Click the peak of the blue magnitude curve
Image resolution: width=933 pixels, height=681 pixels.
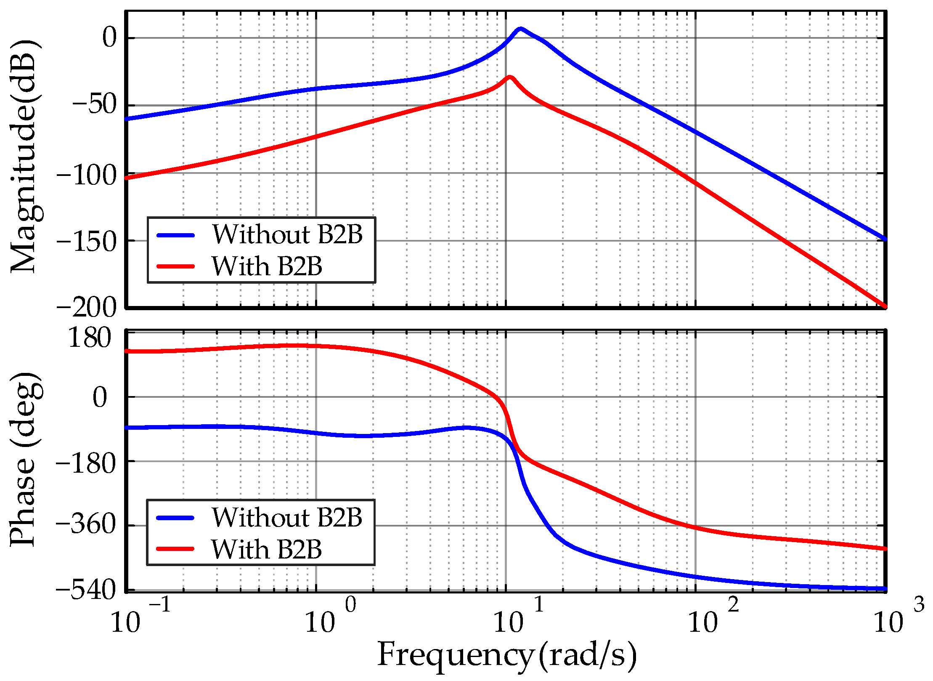click(520, 29)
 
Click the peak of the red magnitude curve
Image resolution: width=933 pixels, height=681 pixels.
click(509, 77)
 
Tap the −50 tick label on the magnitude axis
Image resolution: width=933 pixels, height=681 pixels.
click(94, 105)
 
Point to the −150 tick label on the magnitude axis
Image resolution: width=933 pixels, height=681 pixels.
click(86, 241)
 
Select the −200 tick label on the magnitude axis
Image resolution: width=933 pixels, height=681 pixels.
click(86, 307)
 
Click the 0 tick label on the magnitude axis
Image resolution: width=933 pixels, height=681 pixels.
click(109, 38)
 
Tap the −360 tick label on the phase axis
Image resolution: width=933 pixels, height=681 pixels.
click(86, 525)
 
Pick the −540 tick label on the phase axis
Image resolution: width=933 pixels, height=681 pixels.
click(86, 590)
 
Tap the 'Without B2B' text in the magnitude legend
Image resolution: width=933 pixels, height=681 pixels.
click(287, 234)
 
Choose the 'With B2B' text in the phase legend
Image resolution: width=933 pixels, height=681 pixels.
click(266, 549)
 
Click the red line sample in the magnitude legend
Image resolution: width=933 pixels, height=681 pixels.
click(175, 266)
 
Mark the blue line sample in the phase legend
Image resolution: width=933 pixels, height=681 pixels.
click(175, 517)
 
